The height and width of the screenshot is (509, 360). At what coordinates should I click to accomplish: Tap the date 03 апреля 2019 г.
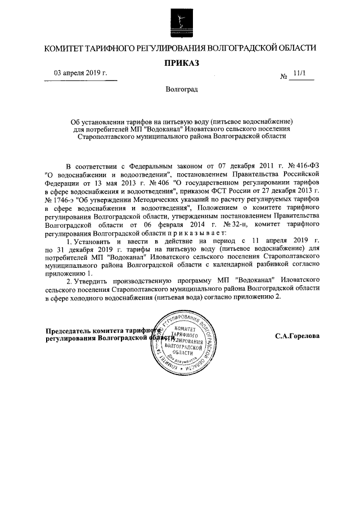point(80,74)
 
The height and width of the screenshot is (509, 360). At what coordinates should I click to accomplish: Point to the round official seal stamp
point(180,344)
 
